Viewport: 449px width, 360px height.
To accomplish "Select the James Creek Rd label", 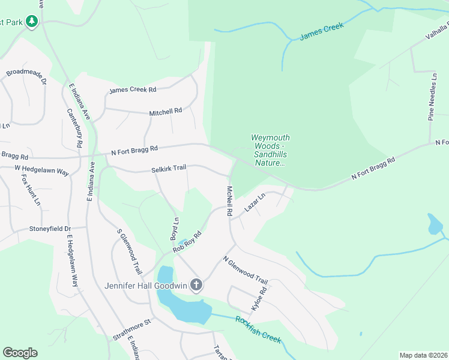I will click(x=132, y=90).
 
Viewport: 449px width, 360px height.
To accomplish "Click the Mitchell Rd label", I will click(x=165, y=112).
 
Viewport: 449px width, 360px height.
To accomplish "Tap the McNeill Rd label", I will click(x=229, y=200).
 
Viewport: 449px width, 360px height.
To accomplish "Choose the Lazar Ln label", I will click(x=255, y=204).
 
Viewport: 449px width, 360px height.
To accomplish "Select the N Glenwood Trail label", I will click(x=245, y=270).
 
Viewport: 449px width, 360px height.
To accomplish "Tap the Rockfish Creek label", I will click(x=258, y=329).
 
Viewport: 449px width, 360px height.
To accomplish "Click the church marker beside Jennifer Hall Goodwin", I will click(x=196, y=285).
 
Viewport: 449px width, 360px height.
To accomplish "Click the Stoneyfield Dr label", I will click(x=50, y=229).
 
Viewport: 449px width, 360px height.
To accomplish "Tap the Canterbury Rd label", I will click(x=75, y=128).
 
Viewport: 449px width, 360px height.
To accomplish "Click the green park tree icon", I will click(x=31, y=22).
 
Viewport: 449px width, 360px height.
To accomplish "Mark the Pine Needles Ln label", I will click(x=431, y=97).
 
